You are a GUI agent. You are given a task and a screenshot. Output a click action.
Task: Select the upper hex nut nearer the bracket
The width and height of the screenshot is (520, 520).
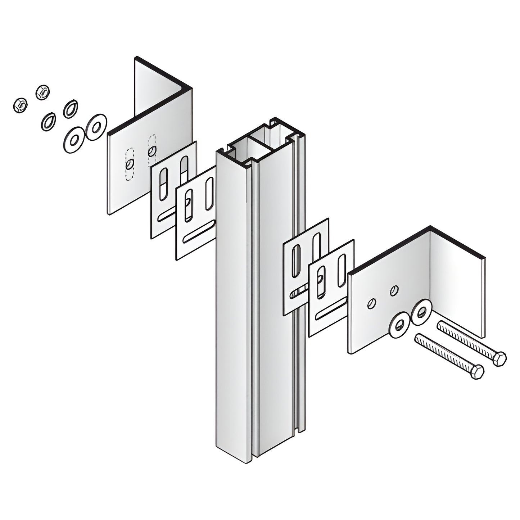42,92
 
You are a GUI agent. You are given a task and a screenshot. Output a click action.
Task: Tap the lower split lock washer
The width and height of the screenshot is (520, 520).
48,121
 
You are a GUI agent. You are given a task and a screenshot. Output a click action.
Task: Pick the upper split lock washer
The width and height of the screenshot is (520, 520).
71,108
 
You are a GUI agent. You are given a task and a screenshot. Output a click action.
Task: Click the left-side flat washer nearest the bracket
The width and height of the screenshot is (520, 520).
96,127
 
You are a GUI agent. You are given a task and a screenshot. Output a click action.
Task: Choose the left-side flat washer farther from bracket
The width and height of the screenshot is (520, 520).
74,139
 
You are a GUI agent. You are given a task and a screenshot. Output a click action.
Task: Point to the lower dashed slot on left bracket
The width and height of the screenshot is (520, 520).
130,164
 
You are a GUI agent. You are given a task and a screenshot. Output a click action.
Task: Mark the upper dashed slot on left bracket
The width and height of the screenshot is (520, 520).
152,150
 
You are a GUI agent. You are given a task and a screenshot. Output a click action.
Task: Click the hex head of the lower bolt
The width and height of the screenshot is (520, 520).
477,371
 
